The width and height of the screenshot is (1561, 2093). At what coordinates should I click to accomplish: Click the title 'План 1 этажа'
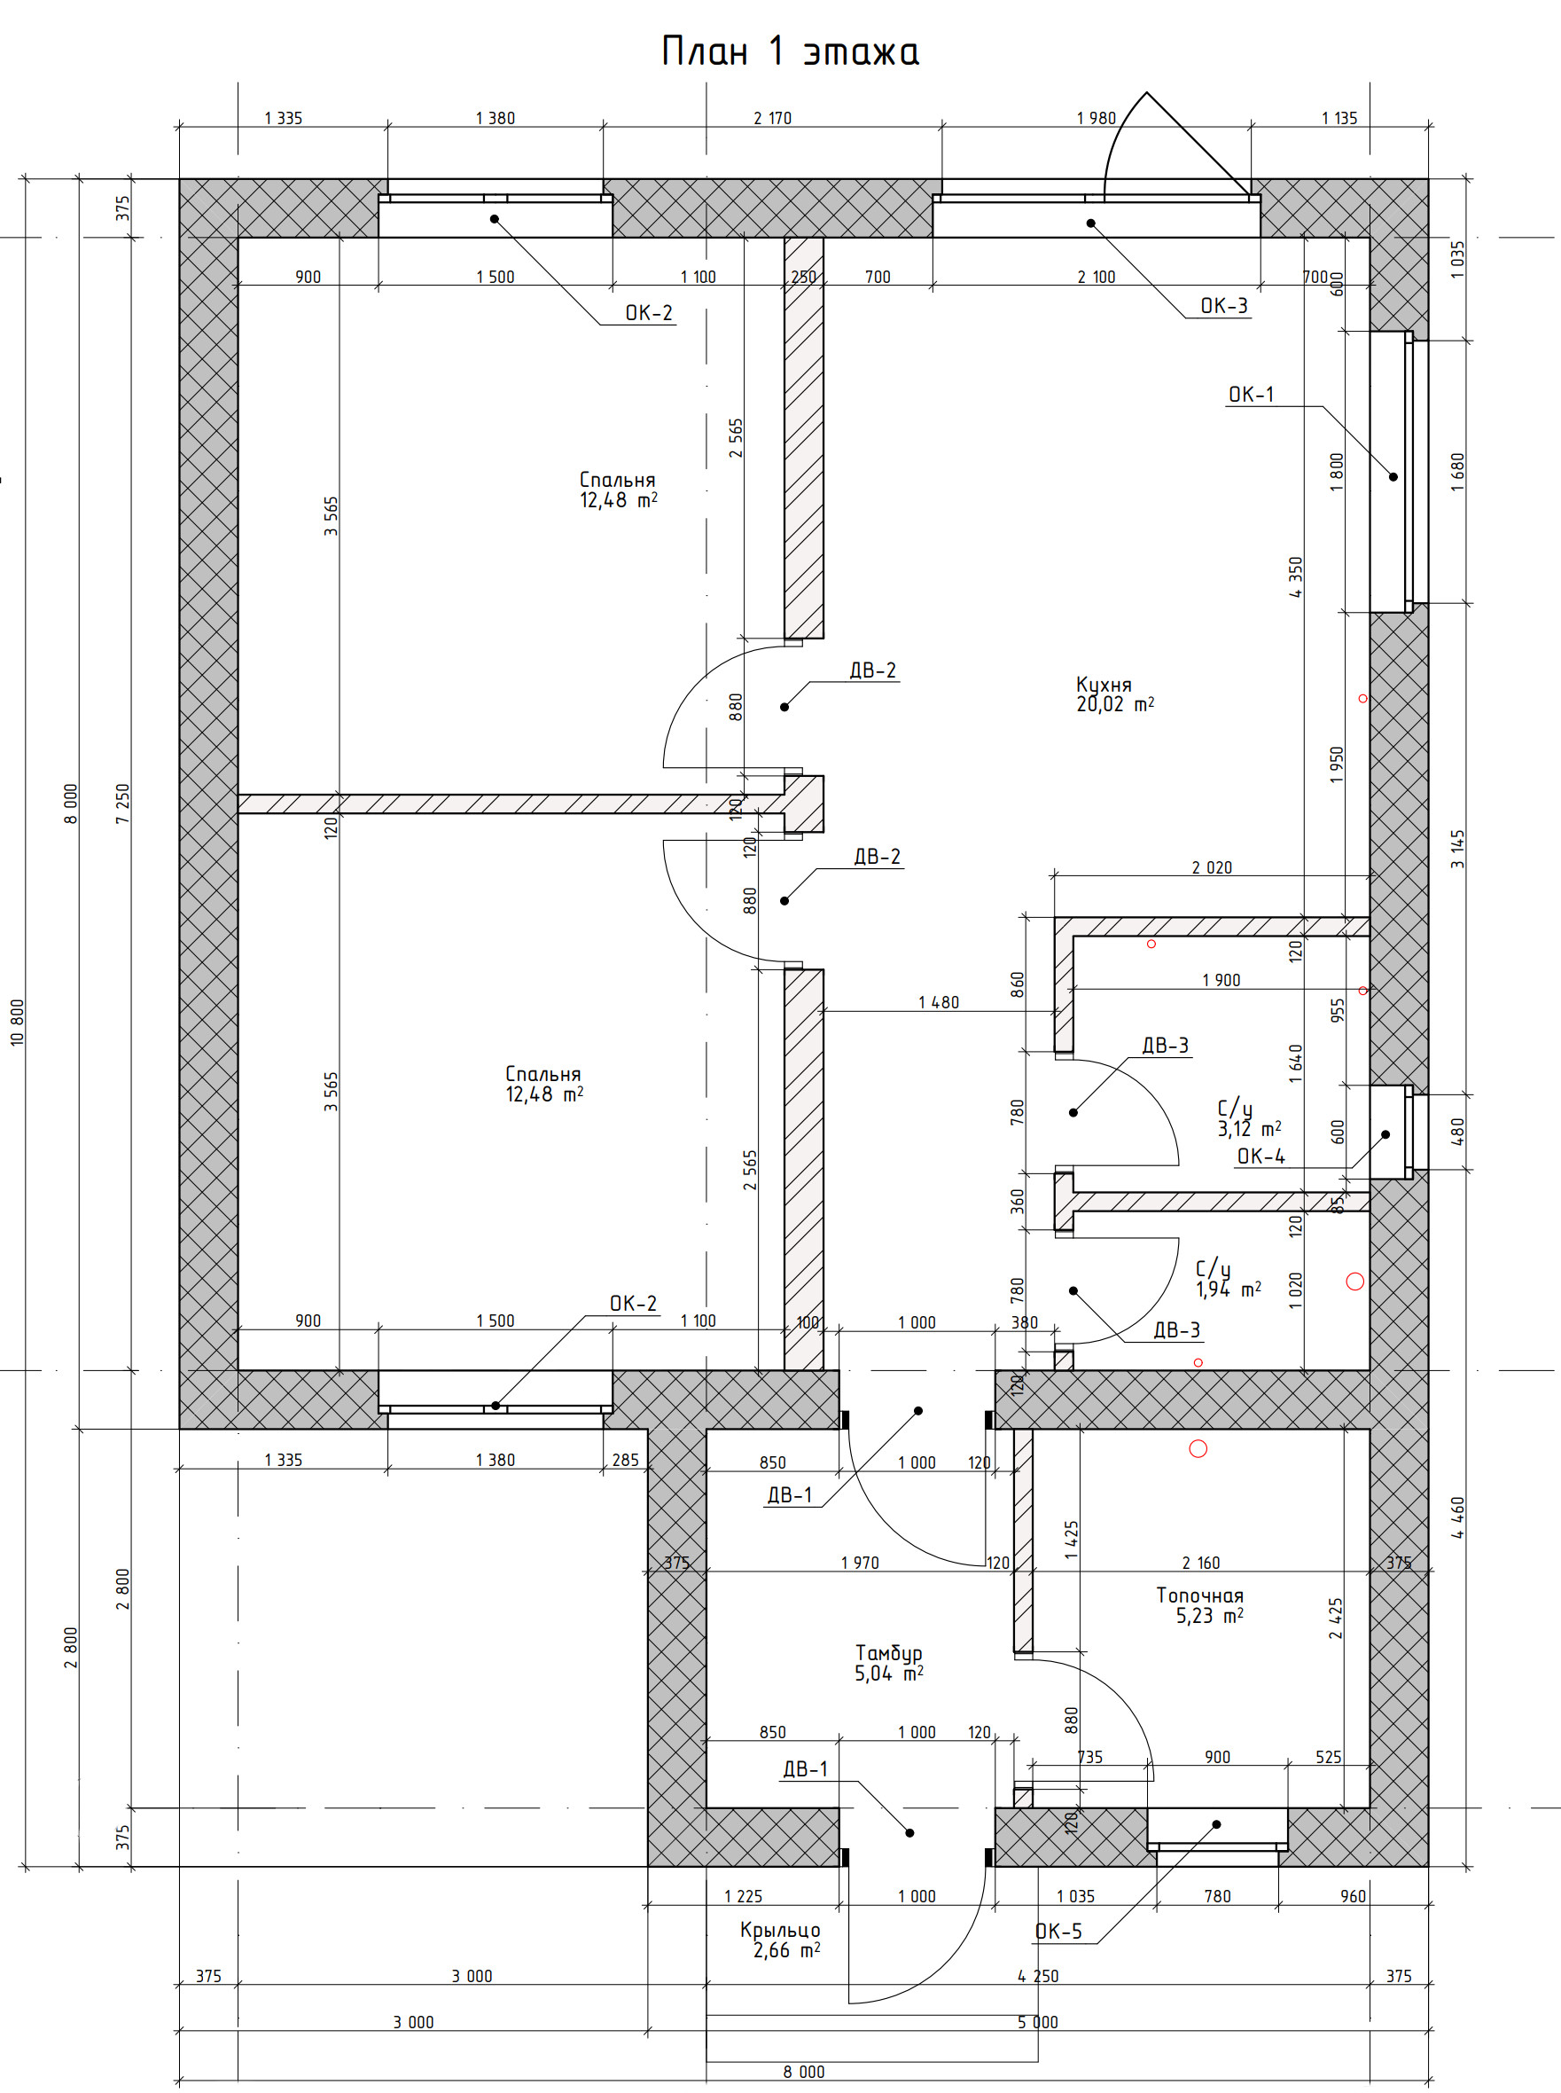[x=790, y=52]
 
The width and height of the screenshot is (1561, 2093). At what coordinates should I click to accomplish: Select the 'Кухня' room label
[x=1104, y=686]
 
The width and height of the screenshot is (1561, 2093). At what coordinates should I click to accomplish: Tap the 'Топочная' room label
[x=1200, y=1595]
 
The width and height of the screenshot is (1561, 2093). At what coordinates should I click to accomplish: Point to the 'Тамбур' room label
[x=889, y=1652]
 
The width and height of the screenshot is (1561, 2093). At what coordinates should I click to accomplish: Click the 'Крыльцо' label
[x=780, y=1930]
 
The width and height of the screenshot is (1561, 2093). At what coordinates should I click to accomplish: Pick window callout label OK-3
[x=1223, y=305]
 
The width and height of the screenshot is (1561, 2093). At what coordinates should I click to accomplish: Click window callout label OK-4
[x=1261, y=1156]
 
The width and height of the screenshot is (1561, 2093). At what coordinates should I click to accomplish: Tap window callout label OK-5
[x=1058, y=1932]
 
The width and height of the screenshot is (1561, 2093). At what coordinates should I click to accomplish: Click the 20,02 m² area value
[x=1115, y=704]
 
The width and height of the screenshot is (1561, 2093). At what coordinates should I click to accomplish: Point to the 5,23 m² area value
[x=1209, y=1616]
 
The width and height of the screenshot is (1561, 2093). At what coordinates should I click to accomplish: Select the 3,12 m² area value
[x=1249, y=1129]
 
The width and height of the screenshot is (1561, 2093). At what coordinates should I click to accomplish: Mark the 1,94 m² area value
[x=1229, y=1290]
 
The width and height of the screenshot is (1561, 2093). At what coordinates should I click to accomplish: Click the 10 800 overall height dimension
[x=17, y=1022]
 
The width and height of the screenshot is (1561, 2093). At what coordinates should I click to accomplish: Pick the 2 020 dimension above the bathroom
[x=1212, y=866]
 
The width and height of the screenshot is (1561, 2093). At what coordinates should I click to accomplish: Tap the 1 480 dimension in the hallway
[x=939, y=1002]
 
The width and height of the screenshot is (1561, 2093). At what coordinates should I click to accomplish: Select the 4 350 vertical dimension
[x=1294, y=576]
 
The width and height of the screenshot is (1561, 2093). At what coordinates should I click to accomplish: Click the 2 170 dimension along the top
[x=772, y=118]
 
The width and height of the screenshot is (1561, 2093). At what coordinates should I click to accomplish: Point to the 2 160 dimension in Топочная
[x=1201, y=1563]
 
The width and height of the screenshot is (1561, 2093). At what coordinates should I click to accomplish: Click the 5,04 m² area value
[x=889, y=1674]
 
